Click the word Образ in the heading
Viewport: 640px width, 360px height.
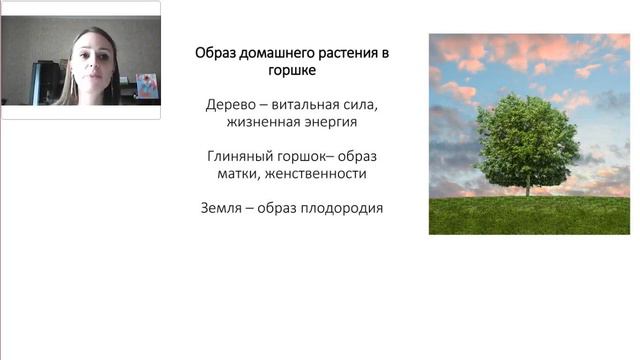click(x=214, y=51)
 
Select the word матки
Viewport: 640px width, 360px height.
click(x=240, y=174)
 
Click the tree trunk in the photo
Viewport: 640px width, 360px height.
click(x=527, y=184)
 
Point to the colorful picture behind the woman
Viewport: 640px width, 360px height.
click(x=147, y=86)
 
